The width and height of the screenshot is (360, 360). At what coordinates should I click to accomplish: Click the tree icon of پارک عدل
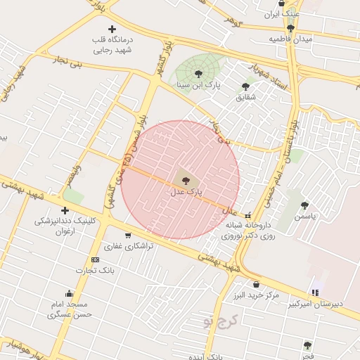186,181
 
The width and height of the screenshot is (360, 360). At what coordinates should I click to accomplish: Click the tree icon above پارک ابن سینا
198,72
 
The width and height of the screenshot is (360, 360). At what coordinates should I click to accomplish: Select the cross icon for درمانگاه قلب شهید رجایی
112,29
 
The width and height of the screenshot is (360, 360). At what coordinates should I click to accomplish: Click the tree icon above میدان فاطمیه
290,29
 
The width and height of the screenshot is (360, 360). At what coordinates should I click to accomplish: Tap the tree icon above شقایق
245,86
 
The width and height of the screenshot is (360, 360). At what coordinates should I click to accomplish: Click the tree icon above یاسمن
304,205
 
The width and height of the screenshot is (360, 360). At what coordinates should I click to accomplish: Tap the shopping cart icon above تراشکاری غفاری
127,236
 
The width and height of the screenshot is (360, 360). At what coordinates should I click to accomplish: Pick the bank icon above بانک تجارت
96,259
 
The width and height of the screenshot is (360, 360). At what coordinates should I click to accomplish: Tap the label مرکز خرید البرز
257,296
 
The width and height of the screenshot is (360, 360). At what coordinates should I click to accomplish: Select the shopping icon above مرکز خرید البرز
255,285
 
